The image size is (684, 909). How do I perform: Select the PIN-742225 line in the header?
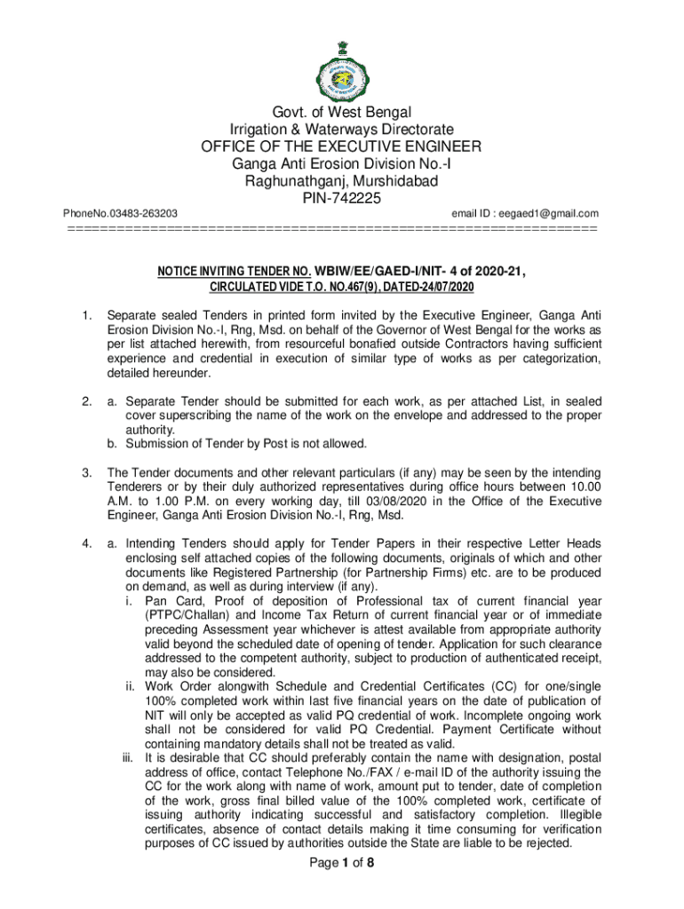pos(341,199)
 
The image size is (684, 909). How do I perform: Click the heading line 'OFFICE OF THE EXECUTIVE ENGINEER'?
pos(341,147)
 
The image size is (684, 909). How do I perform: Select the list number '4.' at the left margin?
pos(86,543)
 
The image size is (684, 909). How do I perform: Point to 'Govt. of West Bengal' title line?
pos(341,113)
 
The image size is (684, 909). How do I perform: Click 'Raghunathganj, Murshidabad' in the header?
pos(341,181)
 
